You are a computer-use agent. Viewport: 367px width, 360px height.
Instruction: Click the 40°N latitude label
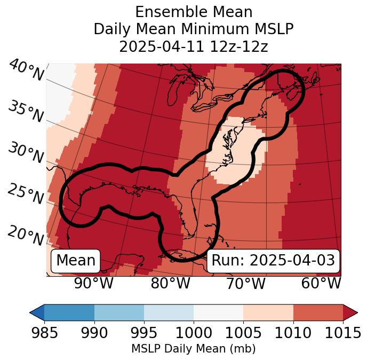(26, 71)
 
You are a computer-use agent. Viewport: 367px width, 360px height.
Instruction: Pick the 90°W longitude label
(93, 283)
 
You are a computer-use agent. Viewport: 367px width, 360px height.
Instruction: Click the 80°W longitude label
(171, 283)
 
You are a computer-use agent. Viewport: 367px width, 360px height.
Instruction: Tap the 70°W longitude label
(245, 283)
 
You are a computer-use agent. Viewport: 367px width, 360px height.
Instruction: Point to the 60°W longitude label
(321, 283)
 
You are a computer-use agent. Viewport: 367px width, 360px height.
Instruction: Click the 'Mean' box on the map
(76, 261)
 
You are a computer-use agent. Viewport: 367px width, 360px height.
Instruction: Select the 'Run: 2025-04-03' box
(273, 261)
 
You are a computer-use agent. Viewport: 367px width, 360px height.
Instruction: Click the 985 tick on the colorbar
(44, 333)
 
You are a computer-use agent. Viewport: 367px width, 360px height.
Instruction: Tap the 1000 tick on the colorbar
(194, 333)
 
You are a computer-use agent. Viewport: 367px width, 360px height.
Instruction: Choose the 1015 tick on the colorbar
(343, 333)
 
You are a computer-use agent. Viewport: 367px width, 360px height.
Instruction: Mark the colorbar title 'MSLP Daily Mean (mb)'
(193, 349)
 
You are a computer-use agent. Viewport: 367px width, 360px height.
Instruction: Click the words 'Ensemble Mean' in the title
(193, 12)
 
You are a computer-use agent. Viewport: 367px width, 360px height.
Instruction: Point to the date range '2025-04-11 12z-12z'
(193, 46)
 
